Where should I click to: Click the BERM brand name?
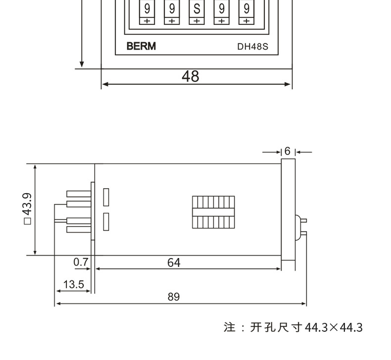click(x=141, y=47)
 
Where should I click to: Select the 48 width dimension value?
click(x=190, y=76)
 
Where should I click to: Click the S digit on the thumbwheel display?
click(x=196, y=9)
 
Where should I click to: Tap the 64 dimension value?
click(x=173, y=262)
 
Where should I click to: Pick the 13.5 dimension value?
click(x=74, y=284)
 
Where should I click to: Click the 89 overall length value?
click(x=173, y=297)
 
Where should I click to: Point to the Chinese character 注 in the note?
click(x=229, y=327)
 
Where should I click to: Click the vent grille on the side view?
click(x=213, y=212)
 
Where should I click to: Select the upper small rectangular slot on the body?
click(x=106, y=197)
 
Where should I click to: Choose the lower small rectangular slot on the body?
click(x=106, y=221)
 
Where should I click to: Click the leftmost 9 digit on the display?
click(x=147, y=9)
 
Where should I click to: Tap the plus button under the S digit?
click(x=196, y=21)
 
